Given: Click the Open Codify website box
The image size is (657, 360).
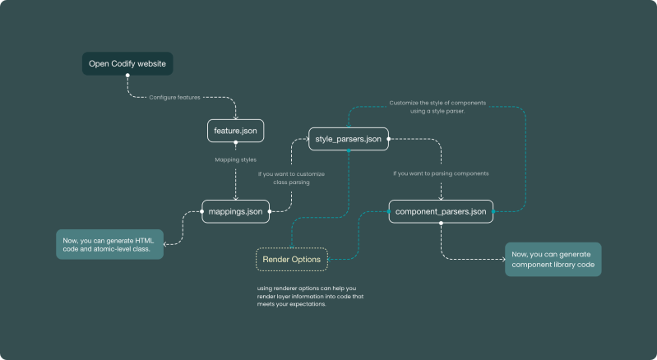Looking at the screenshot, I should (127, 63).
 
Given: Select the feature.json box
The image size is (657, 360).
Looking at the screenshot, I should (235, 131).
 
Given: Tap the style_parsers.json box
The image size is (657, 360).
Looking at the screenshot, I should (348, 139).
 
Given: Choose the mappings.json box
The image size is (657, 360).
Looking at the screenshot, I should (236, 211).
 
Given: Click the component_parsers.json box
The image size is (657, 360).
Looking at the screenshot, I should (442, 211).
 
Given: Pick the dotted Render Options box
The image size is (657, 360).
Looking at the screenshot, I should (292, 260).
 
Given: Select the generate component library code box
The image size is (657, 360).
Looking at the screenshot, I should (553, 258).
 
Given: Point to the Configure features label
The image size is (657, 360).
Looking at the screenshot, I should (175, 97).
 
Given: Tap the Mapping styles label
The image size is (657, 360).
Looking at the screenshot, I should (235, 159).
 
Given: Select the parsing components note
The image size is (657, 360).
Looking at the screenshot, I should (441, 173).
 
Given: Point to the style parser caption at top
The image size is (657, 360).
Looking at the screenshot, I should (437, 107).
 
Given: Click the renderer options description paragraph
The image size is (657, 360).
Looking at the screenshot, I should (309, 296).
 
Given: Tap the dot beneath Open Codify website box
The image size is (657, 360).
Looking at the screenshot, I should (127, 76).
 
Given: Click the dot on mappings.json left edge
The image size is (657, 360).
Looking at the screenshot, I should (202, 211).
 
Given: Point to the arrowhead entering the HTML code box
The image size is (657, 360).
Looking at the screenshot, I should (165, 243).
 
